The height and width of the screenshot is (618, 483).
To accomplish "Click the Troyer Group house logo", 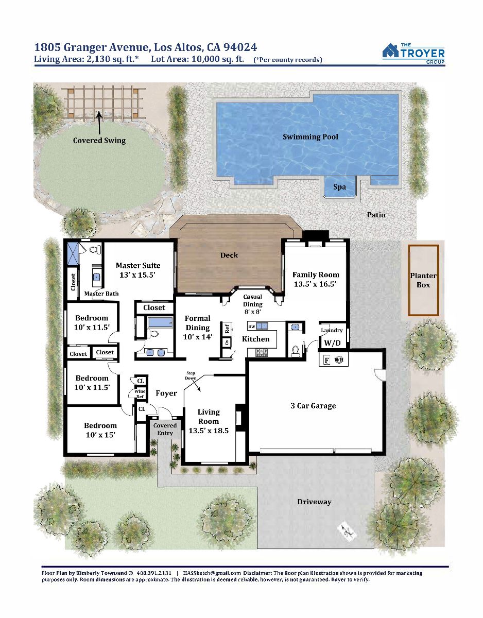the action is coord(390,50).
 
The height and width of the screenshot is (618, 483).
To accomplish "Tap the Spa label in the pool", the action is coord(339,187).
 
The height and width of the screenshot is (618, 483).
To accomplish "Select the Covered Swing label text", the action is coord(99,141).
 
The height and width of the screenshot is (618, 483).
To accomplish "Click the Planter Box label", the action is coord(423,280).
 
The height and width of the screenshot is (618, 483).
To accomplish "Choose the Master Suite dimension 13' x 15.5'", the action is coord(137,275).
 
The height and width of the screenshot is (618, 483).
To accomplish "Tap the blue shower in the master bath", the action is coord(73,254).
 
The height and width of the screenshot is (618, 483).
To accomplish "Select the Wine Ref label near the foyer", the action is coord(140,394).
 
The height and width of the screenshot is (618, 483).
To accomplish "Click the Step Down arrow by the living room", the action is coord(196,386).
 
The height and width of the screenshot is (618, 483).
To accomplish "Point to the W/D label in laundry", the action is coord(332,343).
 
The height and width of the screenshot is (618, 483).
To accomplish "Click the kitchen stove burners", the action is coord(262,353).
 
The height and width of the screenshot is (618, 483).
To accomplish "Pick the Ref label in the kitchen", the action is coord(227,329).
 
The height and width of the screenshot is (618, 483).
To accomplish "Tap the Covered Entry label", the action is coord(165,429).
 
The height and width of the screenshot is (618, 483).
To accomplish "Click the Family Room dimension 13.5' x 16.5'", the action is coord(315,284).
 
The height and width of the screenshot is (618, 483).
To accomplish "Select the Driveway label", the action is coord(314,502).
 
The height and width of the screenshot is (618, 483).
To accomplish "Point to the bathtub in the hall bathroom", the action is coord(160,322).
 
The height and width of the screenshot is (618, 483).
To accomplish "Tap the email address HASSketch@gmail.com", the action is coord(212,573).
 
